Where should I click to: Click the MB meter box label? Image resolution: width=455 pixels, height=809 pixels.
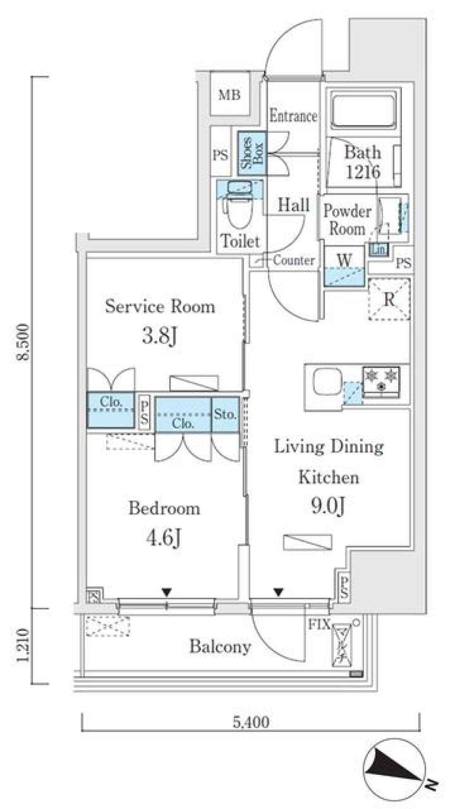tap(229, 95)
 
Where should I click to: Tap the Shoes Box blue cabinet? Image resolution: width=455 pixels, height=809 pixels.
tap(252, 153)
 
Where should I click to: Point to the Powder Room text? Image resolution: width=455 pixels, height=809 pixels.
tap(347, 220)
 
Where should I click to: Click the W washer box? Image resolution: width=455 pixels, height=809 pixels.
tap(345, 265)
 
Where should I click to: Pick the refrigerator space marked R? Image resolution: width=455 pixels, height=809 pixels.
tap(389, 300)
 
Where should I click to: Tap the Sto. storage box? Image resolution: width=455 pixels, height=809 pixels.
tap(225, 415)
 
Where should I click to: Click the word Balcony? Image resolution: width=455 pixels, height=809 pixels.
tap(220, 646)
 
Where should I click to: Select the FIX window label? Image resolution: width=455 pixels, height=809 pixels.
tap(319, 625)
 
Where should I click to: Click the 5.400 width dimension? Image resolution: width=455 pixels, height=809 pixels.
tap(251, 722)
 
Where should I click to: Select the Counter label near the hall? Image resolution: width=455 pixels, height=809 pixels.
tap(293, 260)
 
